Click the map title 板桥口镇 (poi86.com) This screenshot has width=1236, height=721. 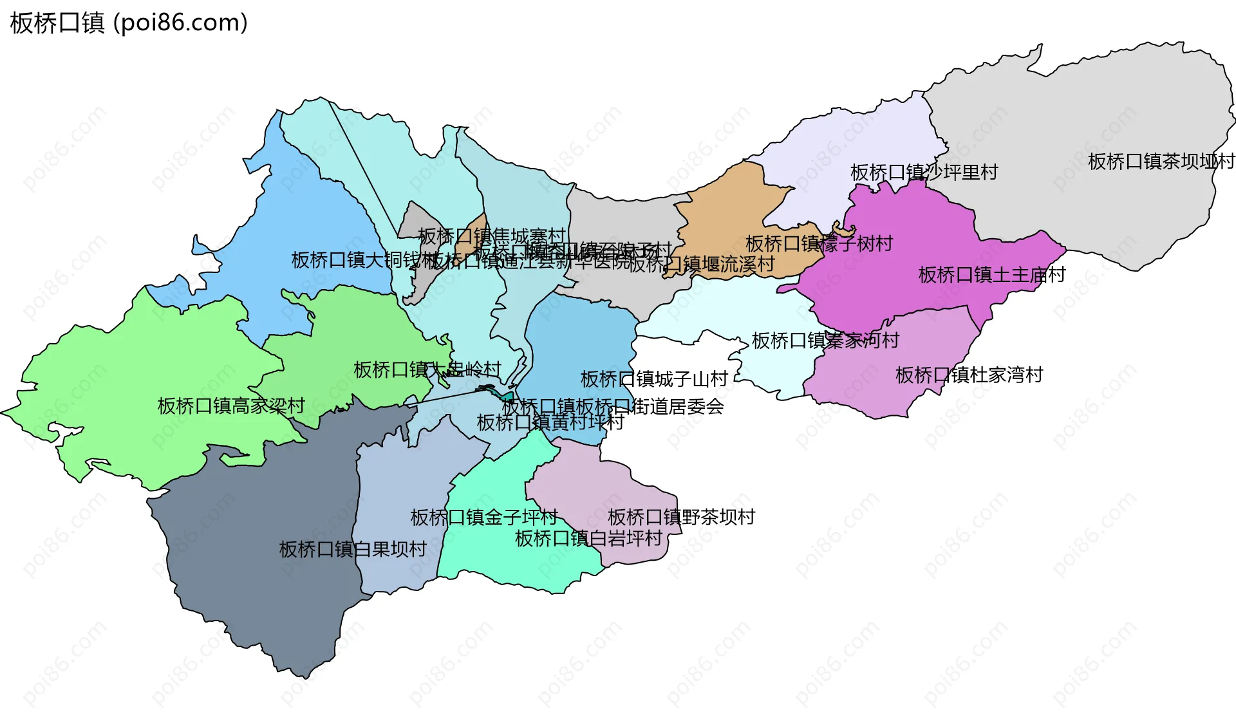click(129, 23)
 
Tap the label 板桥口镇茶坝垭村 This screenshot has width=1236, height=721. click(1161, 162)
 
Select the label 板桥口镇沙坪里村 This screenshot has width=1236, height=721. click(924, 173)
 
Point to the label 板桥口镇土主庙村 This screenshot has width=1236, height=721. click(992, 275)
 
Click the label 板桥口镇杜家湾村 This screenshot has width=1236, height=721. click(969, 375)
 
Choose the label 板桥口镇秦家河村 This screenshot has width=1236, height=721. click(825, 341)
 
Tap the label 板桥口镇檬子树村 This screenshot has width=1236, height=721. click(819, 243)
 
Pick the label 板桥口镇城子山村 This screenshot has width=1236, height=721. click(654, 379)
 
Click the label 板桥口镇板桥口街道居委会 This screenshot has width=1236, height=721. click(613, 407)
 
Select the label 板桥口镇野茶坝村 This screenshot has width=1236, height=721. click(681, 517)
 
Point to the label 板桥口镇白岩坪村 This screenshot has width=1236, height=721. click(588, 538)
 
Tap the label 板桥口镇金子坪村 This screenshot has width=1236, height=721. click(484, 517)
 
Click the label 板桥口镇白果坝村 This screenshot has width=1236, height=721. click(353, 549)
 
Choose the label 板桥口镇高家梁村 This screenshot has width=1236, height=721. click(231, 406)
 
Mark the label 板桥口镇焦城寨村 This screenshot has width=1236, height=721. click(492, 236)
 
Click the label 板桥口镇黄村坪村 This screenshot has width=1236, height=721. click(550, 422)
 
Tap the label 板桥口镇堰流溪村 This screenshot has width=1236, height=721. click(702, 264)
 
